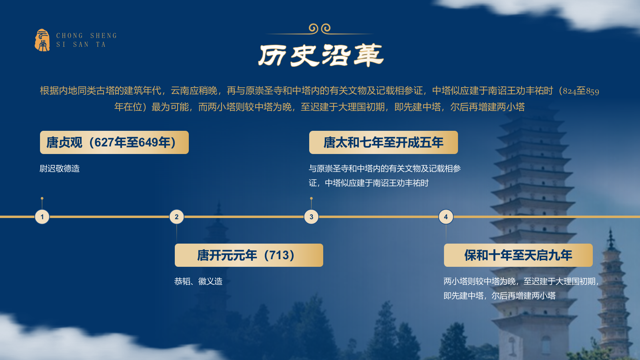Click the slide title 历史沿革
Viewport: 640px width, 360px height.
pyautogui.click(x=321, y=55)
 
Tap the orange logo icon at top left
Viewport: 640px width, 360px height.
pyautogui.click(x=42, y=40)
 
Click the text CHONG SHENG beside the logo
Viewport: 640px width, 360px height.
pyautogui.click(x=86, y=36)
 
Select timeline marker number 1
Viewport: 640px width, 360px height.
pyautogui.click(x=42, y=217)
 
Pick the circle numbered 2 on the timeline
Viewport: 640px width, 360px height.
pyautogui.click(x=177, y=217)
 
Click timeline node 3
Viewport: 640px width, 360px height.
pyautogui.click(x=311, y=217)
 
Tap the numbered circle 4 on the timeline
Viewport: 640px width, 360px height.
pyautogui.click(x=446, y=217)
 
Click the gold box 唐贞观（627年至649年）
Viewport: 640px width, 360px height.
pyautogui.click(x=114, y=142)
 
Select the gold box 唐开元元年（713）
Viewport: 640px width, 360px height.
pyautogui.click(x=249, y=255)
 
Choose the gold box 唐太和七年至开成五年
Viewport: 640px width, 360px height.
pyautogui.click(x=383, y=142)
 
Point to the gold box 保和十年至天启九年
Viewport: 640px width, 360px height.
pyautogui.click(x=518, y=255)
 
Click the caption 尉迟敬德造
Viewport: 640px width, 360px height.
pyautogui.click(x=60, y=168)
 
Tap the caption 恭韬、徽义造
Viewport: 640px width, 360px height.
pyautogui.click(x=198, y=281)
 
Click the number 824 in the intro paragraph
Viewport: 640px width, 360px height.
pyautogui.click(x=569, y=91)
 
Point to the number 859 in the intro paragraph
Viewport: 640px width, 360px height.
pyautogui.click(x=593, y=91)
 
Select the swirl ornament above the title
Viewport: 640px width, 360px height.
pyautogui.click(x=320, y=28)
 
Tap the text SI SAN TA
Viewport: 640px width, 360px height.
pyautogui.click(x=81, y=44)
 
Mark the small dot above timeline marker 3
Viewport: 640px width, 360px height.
pyautogui.click(x=311, y=198)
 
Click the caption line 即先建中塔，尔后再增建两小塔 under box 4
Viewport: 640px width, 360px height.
pyautogui.click(x=500, y=296)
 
